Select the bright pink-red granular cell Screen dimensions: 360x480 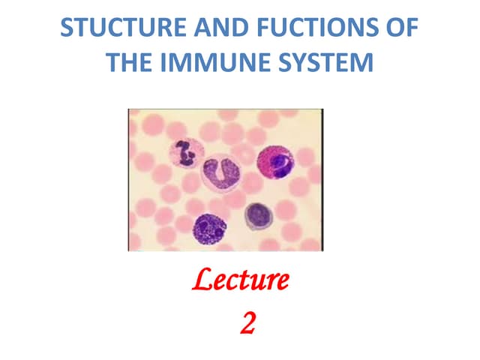(276, 161)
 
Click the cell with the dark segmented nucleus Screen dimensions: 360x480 (183, 154)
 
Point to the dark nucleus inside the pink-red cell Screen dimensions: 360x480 (281, 164)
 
